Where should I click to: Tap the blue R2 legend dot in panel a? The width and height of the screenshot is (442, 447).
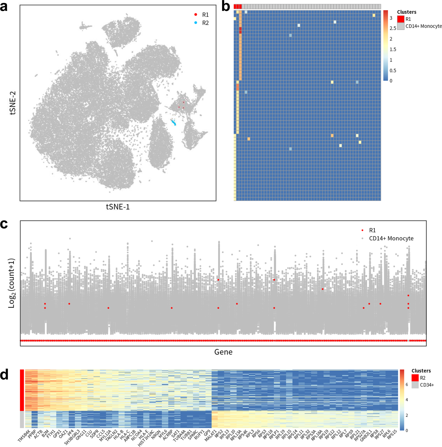[x=196, y=23]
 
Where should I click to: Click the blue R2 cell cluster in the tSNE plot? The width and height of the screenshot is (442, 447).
[x=174, y=123]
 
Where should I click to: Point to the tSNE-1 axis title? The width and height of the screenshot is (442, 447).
[x=118, y=207]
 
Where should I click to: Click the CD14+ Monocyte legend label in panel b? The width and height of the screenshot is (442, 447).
[x=423, y=26]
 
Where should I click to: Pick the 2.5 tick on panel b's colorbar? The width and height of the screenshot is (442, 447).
[x=393, y=28]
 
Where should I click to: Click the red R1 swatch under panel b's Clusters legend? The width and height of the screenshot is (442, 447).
[x=401, y=19]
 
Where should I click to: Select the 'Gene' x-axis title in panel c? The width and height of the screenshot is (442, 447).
[x=223, y=352]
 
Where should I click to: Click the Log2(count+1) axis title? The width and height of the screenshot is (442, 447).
[x=12, y=283]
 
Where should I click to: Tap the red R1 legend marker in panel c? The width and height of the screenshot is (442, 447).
[x=362, y=230]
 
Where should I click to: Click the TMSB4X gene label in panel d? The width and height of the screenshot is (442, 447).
[x=24, y=436]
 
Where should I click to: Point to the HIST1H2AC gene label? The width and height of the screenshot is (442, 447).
[x=146, y=438]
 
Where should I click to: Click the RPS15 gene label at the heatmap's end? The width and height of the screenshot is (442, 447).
[x=392, y=434]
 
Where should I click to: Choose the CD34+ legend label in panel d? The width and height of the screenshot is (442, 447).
[x=427, y=385]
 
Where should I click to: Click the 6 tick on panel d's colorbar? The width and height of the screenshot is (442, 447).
[x=407, y=385]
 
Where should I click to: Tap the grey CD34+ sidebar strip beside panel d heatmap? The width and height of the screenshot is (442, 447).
[x=22, y=420]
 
